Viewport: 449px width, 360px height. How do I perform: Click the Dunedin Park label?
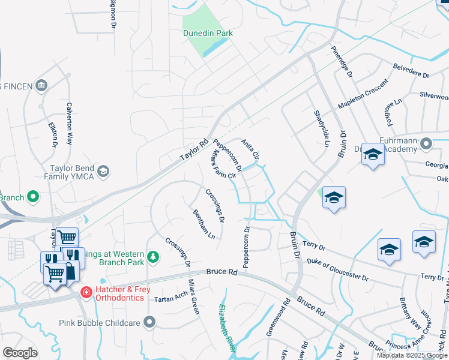click(x=208, y=34)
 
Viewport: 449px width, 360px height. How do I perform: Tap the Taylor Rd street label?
click(x=194, y=151)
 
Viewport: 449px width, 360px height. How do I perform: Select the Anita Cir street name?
click(x=250, y=149)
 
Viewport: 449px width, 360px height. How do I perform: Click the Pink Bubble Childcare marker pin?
click(x=149, y=323)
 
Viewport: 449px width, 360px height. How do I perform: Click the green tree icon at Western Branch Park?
click(x=154, y=257)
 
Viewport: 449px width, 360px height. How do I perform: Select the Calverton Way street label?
click(x=69, y=130)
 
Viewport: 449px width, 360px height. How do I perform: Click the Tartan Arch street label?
click(x=171, y=298)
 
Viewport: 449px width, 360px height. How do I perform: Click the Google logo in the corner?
click(x=20, y=353)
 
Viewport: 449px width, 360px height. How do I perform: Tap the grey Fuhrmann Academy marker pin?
click(x=426, y=143)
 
